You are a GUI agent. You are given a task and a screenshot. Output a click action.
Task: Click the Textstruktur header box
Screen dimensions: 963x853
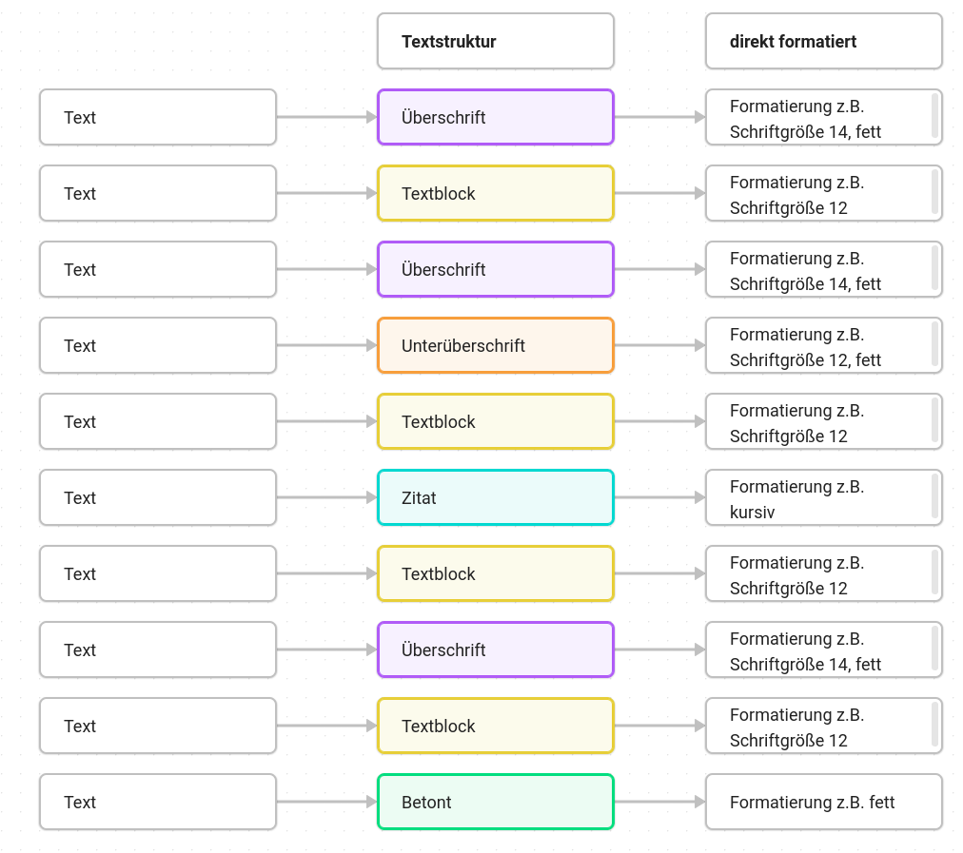pos(496,41)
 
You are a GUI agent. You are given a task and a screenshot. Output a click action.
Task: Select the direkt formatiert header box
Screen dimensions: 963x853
pos(823,41)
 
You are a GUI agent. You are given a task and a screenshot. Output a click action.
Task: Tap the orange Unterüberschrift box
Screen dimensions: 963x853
pos(496,345)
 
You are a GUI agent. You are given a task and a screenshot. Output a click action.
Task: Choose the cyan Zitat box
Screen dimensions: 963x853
pos(496,497)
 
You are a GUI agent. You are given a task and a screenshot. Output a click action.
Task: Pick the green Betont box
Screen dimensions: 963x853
pos(496,802)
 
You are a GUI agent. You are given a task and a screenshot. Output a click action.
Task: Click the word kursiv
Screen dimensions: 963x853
pos(753,512)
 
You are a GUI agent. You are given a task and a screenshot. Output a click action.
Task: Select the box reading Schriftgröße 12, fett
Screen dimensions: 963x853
pos(823,345)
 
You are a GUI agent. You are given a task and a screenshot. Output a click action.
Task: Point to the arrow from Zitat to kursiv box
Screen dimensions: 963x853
pos(659,497)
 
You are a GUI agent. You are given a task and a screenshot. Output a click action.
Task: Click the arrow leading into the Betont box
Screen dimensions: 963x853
pos(326,802)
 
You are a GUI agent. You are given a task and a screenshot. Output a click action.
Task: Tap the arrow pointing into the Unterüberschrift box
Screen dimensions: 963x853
pos(326,345)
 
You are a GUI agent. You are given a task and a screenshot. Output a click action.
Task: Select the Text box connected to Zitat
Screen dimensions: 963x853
pos(158,497)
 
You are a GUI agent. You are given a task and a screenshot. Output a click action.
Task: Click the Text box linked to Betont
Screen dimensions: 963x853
pos(158,802)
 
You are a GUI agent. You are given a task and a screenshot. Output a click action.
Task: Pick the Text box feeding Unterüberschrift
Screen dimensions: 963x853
pos(158,345)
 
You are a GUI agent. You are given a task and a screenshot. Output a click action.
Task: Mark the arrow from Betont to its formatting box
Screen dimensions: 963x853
pos(659,802)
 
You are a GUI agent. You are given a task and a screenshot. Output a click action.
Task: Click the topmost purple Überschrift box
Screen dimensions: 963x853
pos(496,117)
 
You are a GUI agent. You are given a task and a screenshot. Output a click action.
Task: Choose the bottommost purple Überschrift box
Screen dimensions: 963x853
pos(496,649)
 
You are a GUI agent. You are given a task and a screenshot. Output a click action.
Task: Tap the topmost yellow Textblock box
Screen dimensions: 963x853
pos(496,193)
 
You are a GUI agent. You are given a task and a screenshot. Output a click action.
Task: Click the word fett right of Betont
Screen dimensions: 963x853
pos(882,802)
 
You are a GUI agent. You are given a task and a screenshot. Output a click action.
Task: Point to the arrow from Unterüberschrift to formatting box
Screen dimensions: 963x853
pos(659,345)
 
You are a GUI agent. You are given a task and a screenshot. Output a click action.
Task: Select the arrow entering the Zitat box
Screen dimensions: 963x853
pos(326,497)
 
